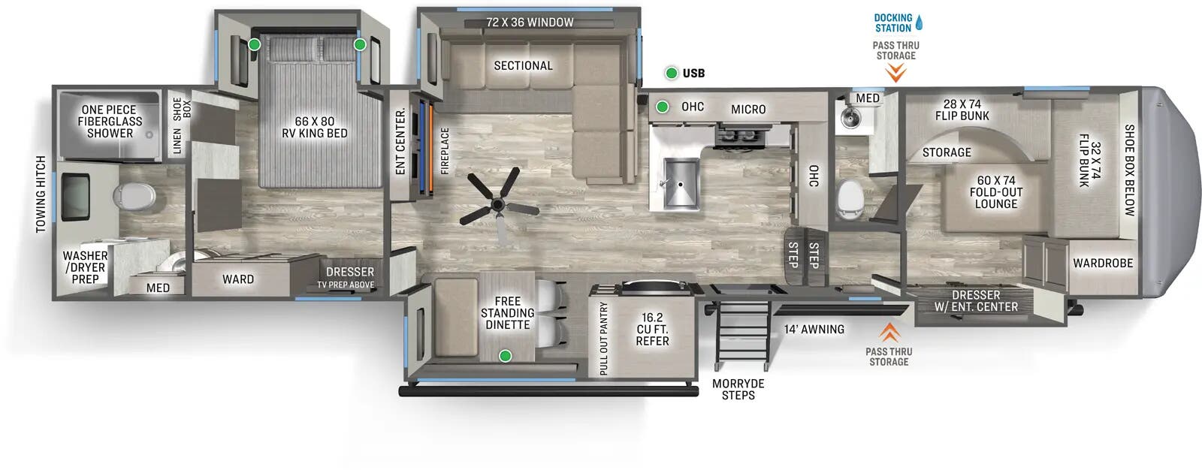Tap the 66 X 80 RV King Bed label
(314, 127)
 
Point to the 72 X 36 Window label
(529, 23)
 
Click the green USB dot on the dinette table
(506, 355)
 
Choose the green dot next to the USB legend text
(672, 73)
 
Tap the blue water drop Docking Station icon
(919, 23)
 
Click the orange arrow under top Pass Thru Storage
(895, 73)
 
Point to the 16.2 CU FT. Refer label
(651, 330)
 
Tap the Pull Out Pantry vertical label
(603, 339)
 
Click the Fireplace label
(445, 151)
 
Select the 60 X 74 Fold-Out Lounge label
(995, 192)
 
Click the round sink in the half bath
(850, 118)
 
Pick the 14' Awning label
(814, 329)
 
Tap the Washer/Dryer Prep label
(85, 267)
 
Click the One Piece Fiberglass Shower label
(110, 122)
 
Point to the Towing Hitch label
(41, 194)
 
